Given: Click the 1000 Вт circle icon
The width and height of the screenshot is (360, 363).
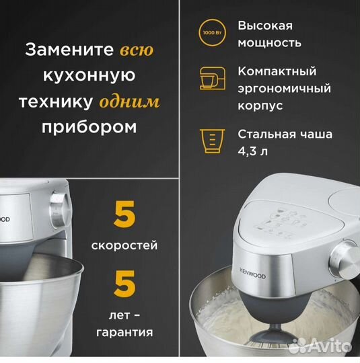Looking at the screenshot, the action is tap(213, 32).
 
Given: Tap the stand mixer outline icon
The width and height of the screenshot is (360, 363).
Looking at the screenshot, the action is tap(213, 78).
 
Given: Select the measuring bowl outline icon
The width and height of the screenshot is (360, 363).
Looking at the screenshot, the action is tap(213, 141).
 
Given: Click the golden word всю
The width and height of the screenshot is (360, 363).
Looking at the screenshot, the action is tap(137, 50).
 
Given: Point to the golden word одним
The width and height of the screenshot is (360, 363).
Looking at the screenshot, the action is tap(129, 102).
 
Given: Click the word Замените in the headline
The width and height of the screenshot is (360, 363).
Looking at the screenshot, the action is tap(69, 50).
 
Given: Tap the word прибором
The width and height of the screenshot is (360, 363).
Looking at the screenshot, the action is tap(89, 127).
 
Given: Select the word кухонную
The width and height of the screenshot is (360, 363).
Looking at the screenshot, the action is tap(89, 75).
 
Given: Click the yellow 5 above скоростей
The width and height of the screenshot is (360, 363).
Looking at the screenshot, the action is tap(124, 214).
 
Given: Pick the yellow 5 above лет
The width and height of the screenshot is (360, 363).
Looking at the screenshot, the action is tap(124, 284).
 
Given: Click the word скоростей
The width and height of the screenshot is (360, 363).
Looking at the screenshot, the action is tap(124, 245).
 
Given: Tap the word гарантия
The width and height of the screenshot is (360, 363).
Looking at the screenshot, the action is tap(124, 333).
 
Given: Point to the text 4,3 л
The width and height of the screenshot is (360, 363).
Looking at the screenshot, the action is tap(252, 151).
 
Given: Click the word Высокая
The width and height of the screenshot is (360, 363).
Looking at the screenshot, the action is tap(265, 26).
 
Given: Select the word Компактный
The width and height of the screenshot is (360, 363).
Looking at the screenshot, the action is tap(277, 71).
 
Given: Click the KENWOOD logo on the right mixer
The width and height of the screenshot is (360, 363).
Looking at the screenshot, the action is tap(252, 273).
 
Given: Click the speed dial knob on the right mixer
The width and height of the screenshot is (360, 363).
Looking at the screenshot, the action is tap(345, 259).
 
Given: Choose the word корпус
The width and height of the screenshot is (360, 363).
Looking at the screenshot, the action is tap(260, 106).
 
